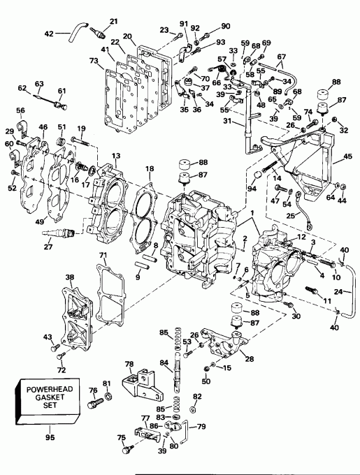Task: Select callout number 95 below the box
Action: (48, 439)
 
